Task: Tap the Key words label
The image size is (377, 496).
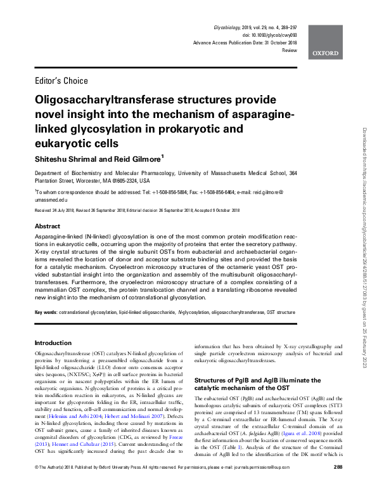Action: pos(46,313)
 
